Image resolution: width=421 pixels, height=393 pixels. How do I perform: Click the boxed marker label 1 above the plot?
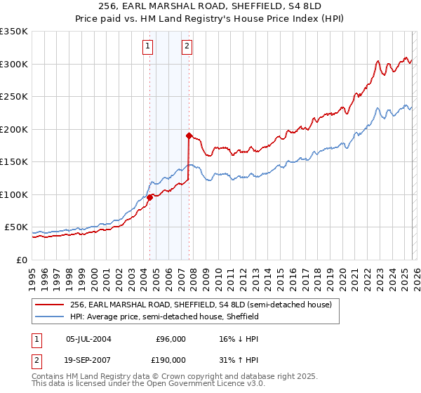click(149, 47)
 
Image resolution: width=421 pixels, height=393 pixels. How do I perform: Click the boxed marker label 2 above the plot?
click(188, 47)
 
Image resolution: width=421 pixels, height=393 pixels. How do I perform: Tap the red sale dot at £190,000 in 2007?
click(189, 135)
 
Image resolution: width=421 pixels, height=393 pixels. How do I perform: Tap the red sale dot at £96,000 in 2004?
click(149, 197)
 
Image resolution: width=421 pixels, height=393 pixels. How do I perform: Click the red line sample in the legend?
click(51, 305)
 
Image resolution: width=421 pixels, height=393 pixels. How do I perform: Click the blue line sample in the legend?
click(51, 317)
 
